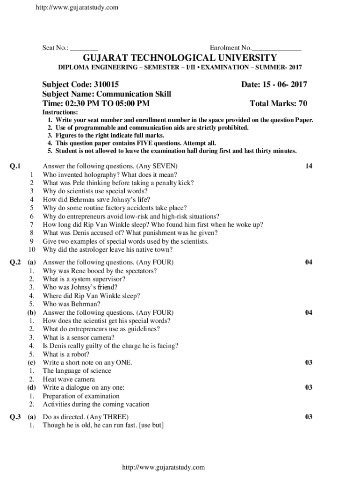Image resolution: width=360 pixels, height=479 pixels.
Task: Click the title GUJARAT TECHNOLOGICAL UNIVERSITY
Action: click(180, 58)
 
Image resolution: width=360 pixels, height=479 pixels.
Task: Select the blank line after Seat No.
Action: click(85, 48)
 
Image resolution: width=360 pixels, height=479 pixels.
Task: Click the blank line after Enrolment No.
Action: click(276, 48)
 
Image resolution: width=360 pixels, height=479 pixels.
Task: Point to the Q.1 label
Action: click(15, 166)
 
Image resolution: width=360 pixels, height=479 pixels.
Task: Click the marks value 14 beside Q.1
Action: click(309, 166)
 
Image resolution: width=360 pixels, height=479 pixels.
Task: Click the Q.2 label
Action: click(15, 262)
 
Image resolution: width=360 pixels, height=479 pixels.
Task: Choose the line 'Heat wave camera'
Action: click(69, 379)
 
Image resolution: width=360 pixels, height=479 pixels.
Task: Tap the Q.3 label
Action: click(15, 417)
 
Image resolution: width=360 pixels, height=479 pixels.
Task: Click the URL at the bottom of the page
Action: click(163, 467)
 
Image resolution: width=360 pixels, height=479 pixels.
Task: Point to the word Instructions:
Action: click(60, 113)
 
